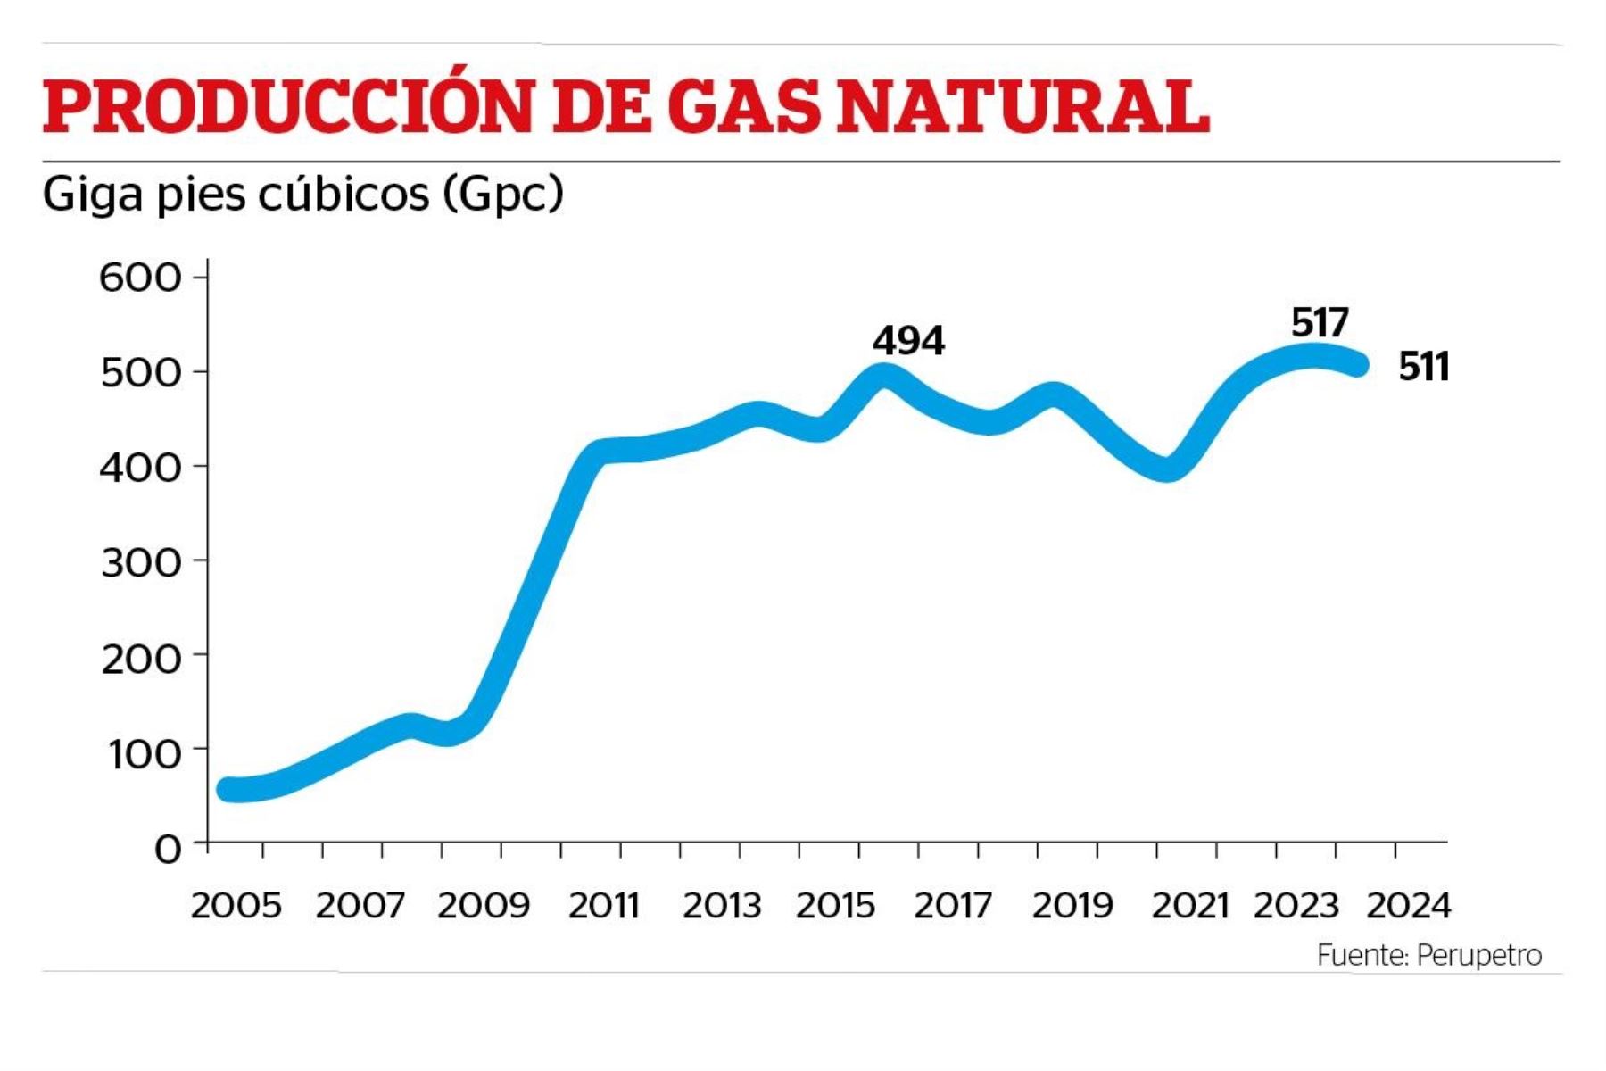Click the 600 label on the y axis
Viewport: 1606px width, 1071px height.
tap(140, 278)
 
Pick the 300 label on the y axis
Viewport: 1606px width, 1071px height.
tap(141, 562)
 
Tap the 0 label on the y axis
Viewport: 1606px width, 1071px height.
tap(167, 848)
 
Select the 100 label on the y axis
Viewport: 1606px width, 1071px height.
tap(144, 753)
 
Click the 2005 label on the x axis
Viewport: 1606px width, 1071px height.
tap(236, 906)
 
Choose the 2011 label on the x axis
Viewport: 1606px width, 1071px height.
tap(604, 906)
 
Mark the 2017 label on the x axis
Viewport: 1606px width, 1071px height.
tap(952, 906)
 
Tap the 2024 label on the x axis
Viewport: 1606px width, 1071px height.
tap(1409, 906)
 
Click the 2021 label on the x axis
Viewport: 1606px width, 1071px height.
tap(1190, 906)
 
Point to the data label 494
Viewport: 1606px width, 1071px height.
tap(908, 340)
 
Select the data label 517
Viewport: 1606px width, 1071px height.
tap(1320, 322)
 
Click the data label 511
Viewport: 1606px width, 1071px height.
tap(1423, 367)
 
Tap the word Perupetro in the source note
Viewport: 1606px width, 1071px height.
tap(1478, 955)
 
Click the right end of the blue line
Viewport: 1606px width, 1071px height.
tap(1357, 364)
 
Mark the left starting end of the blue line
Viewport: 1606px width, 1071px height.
tap(228, 789)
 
